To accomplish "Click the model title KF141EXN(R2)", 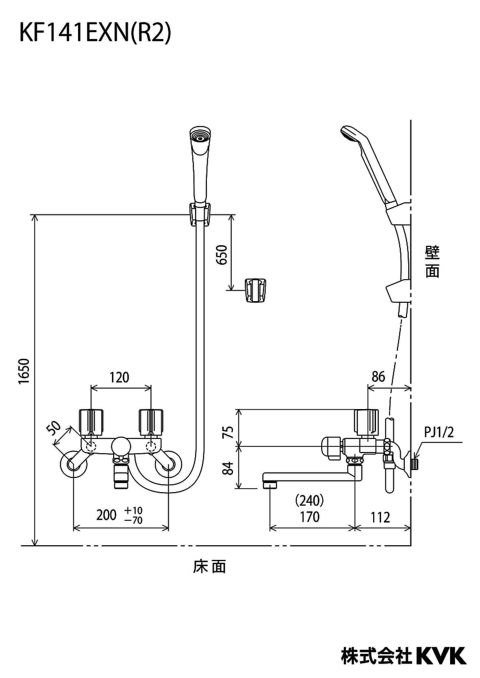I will click(95, 33).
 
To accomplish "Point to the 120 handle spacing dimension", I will click(119, 377).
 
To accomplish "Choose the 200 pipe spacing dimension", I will click(106, 515).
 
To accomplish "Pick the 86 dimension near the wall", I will click(379, 377).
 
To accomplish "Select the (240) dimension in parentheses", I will click(309, 499).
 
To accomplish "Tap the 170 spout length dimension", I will click(309, 516).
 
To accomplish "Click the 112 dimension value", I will click(380, 516).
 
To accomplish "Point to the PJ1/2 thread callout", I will click(439, 433).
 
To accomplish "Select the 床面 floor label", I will click(209, 567).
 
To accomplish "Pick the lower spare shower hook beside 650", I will click(256, 289).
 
